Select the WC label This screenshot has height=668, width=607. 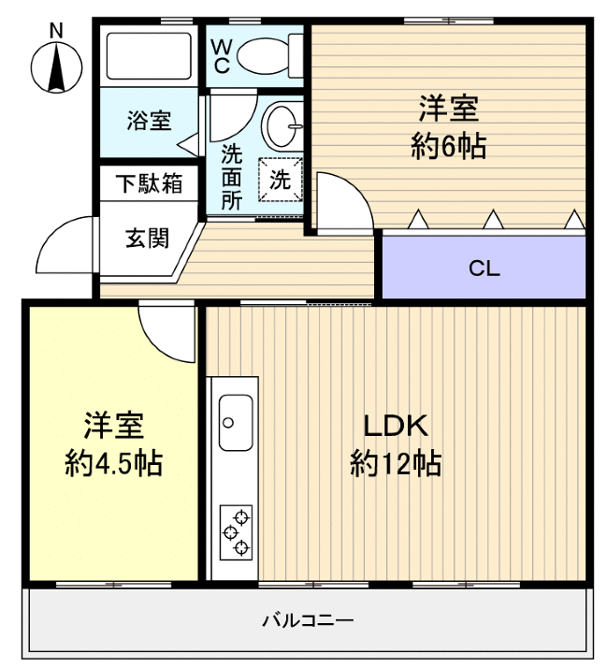click(x=221, y=55)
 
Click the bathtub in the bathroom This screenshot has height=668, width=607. click(x=150, y=56)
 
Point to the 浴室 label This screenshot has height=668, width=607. click(x=150, y=121)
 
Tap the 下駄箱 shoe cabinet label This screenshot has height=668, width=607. click(x=149, y=182)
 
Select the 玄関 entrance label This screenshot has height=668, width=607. click(x=148, y=238)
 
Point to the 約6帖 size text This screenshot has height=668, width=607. click(x=448, y=147)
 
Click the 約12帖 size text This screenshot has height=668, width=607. click(x=396, y=463)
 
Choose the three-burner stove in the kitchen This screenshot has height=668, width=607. click(x=235, y=531)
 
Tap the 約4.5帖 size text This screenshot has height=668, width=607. click(x=113, y=463)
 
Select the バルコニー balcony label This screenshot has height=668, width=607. click(x=307, y=619)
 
